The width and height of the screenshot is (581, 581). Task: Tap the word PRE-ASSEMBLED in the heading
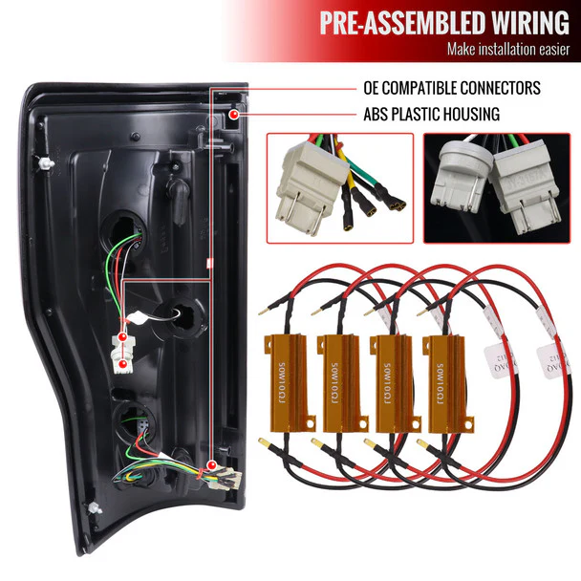point(387,21)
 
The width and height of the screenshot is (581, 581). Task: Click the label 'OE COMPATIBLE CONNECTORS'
point(452,89)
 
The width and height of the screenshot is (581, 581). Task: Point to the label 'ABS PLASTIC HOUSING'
point(431,115)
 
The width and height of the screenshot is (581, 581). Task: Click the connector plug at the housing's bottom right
point(211,472)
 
